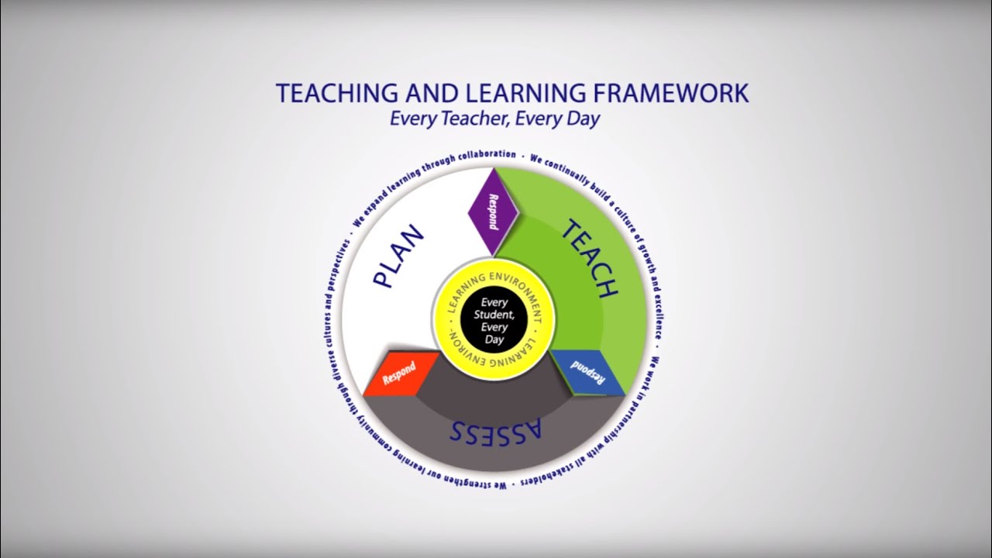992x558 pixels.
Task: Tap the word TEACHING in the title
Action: pos(336,93)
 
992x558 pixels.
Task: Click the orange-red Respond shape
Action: pos(400,374)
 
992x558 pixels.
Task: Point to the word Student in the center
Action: pos(494,315)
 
